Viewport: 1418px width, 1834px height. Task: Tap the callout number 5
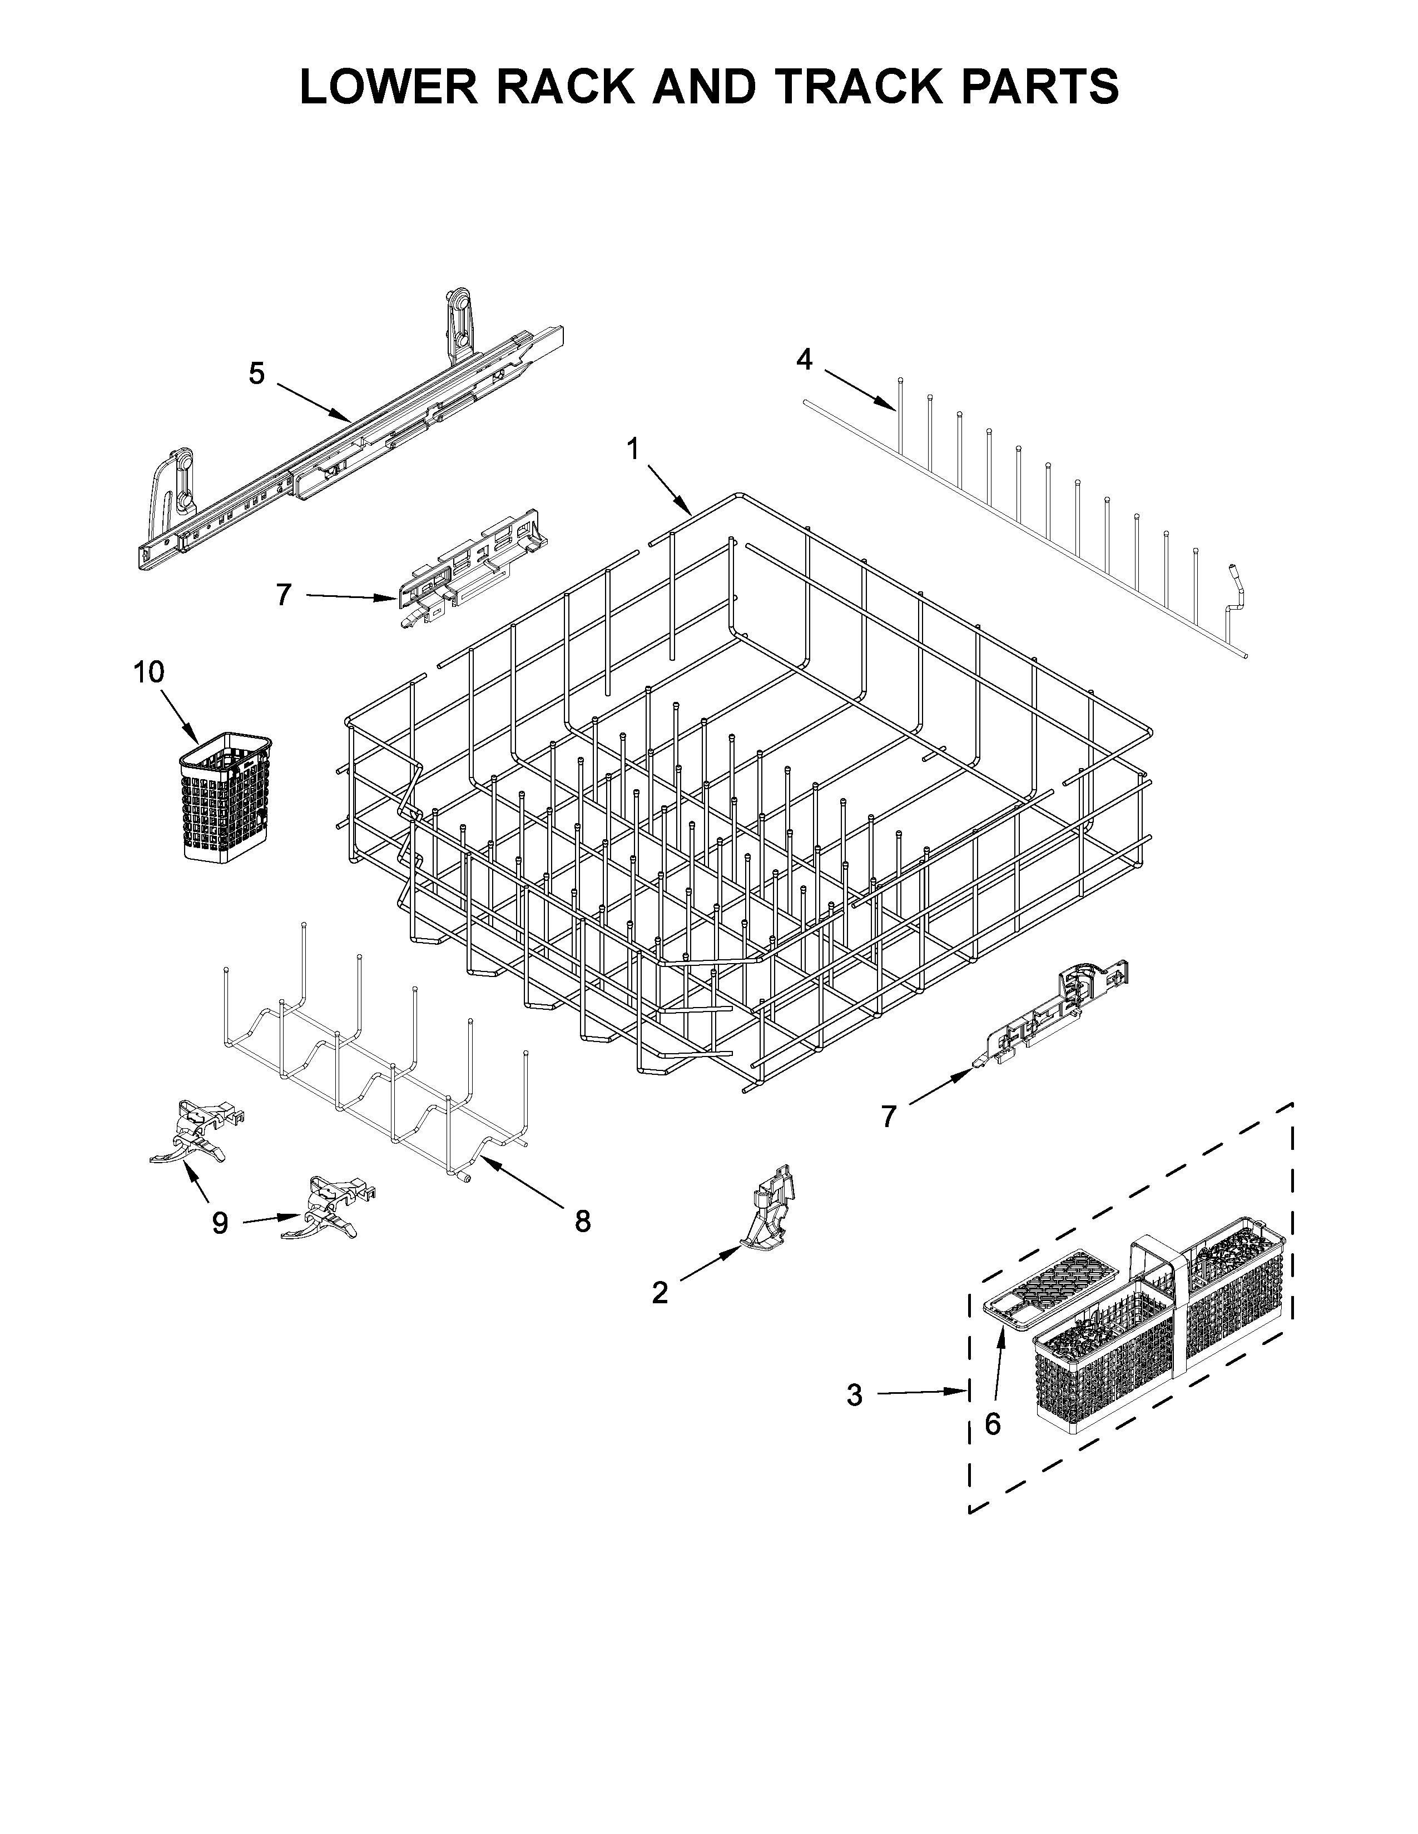pos(257,373)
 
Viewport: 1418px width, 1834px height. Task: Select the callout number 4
pos(804,360)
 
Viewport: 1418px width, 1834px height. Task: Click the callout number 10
pos(148,672)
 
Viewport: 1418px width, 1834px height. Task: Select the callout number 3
pos(854,1396)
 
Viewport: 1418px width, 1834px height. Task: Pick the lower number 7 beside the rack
pos(889,1116)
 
